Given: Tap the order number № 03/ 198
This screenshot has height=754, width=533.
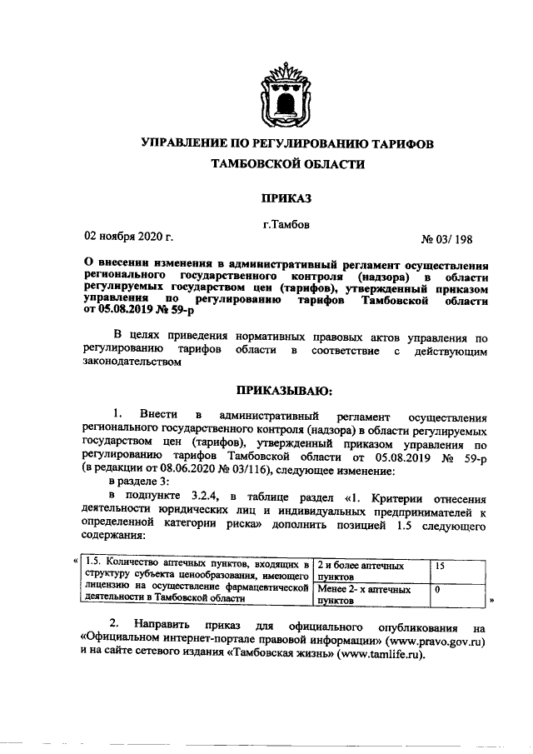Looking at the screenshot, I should [447, 240].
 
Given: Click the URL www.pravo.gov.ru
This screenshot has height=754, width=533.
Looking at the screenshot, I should [433, 642].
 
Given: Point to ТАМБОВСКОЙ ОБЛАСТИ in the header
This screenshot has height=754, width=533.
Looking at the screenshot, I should [288, 164].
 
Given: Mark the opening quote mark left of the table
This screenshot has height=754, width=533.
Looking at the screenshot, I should [76, 560].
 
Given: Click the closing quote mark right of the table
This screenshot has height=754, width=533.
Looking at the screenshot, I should [492, 599].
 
